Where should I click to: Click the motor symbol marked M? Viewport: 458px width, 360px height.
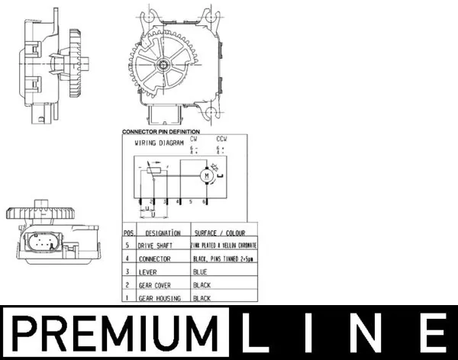205,176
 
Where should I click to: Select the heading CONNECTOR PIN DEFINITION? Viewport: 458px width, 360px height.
160,132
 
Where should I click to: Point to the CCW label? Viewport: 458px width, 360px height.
222,140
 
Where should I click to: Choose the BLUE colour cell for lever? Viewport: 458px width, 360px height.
202,272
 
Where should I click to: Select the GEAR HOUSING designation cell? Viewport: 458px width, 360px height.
160,298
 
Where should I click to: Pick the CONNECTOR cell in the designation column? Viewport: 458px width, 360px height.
156,259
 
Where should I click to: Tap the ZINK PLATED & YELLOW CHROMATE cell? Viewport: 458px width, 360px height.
224,246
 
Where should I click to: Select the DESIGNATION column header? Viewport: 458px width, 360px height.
162,232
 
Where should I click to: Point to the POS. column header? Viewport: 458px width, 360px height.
128,232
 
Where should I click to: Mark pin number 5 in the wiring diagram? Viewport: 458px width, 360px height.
191,202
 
